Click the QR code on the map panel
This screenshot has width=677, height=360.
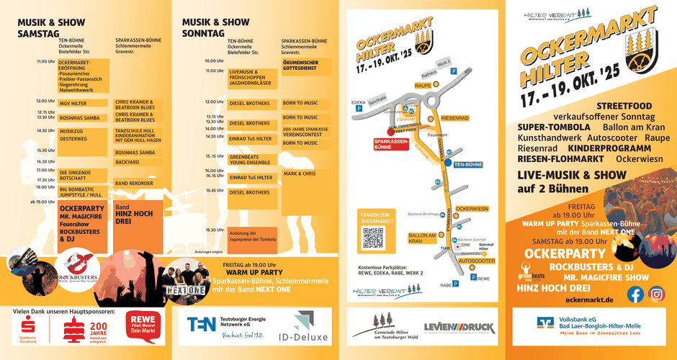pos(373,238)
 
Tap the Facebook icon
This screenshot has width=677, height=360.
pos(635,294)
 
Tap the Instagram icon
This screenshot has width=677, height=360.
pos(657,294)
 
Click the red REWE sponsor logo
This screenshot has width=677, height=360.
pos(143,325)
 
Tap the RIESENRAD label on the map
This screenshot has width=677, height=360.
pos(454,117)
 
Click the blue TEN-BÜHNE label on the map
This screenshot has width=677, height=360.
pos(468,165)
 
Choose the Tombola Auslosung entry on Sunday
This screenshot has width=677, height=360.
pos(252,235)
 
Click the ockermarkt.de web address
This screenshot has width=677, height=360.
pos(589,300)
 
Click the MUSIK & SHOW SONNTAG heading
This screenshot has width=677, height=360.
pos(215,27)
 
